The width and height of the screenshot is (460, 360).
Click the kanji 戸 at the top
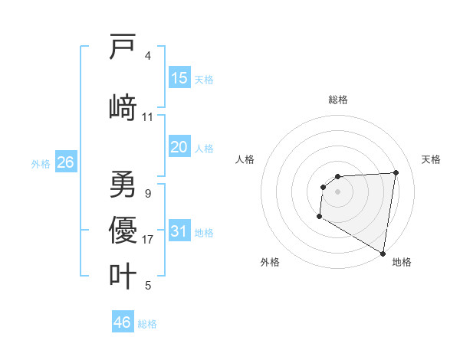click(123, 48)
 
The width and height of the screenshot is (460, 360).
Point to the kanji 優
click(123, 229)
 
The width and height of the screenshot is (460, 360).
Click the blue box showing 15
click(179, 78)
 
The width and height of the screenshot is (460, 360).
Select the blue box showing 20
click(179, 147)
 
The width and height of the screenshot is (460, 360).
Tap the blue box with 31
click(179, 231)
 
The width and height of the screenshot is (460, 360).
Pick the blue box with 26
click(65, 162)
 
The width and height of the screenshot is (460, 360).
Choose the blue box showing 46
click(123, 322)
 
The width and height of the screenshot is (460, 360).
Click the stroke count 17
click(148, 240)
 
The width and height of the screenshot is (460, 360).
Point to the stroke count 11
click(148, 117)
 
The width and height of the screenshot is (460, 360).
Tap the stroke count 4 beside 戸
click(148, 56)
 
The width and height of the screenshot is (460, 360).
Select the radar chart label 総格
click(338, 100)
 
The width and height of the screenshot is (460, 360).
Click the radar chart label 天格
click(431, 159)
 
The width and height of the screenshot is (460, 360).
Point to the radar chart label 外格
click(270, 262)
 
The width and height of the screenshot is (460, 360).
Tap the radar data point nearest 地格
click(383, 253)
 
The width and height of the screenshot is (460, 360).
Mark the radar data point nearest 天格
click(396, 172)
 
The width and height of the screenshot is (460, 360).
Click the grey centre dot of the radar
click(337, 191)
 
